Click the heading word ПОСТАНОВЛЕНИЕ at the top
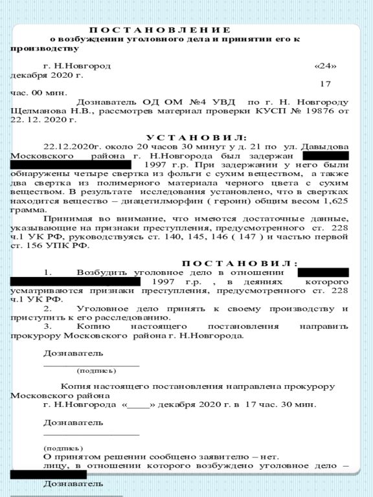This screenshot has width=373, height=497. pos(159,30)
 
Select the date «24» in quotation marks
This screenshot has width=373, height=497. pos(325,66)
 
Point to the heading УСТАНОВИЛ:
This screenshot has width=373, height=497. pos(196,138)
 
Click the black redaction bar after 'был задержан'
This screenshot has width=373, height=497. pos(325,156)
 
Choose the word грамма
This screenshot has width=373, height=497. pos(27,210)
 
